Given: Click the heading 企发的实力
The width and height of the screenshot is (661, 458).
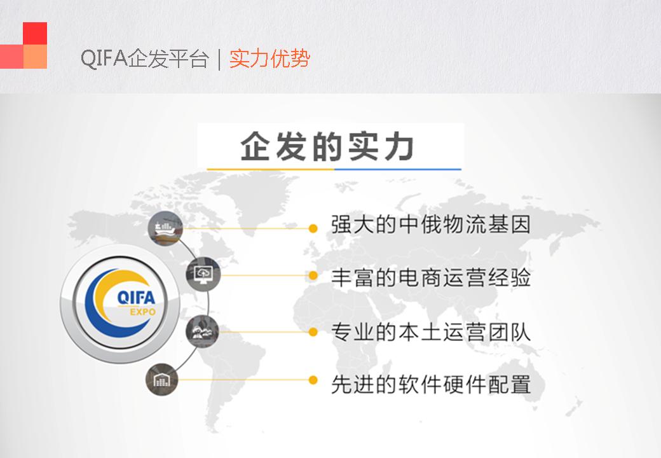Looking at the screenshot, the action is (x=327, y=146).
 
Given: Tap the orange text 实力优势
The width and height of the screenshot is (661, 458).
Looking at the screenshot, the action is (x=269, y=58).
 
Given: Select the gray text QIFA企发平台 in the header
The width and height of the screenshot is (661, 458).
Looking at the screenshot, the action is (x=145, y=58).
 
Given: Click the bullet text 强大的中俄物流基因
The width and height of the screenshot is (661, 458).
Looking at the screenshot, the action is (x=430, y=225).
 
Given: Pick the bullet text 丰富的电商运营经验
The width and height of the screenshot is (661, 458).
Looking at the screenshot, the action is (x=430, y=277).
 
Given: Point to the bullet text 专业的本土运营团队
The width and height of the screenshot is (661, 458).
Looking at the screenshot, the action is (x=430, y=331).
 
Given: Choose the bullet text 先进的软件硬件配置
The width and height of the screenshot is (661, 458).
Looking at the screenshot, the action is (x=430, y=384).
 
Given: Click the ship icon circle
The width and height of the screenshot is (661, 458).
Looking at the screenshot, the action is (x=166, y=228).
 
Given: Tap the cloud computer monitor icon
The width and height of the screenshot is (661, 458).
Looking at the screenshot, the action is (x=203, y=275).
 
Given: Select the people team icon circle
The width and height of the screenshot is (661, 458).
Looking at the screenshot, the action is (x=203, y=331).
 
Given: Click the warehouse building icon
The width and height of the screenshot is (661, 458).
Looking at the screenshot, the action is (x=162, y=380).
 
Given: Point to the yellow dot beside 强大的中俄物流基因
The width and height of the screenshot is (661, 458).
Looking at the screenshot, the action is (x=313, y=228).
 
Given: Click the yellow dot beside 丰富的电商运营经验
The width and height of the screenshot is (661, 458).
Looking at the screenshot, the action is (x=313, y=275).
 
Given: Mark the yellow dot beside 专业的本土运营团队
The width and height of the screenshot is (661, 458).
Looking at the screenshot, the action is (x=313, y=332).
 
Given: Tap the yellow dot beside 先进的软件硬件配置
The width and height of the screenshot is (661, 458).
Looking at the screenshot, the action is (x=313, y=380).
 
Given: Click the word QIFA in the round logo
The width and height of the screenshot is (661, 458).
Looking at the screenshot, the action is (x=136, y=298).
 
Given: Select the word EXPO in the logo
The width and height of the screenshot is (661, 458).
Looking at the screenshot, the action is (x=142, y=312).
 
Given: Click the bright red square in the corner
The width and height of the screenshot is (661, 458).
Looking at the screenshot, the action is (x=35, y=33).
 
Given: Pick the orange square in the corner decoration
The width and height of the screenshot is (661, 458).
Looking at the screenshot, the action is (x=35, y=57).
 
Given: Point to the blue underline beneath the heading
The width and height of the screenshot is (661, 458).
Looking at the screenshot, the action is (x=397, y=169).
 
